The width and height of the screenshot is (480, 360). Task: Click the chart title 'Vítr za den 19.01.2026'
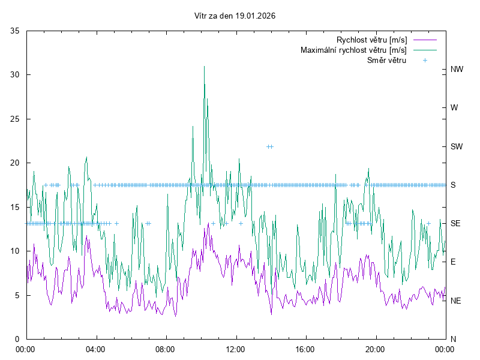coord(235,16)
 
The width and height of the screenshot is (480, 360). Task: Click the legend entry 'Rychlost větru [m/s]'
coord(371,40)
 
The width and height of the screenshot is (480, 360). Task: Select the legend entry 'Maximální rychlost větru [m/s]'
coord(353,50)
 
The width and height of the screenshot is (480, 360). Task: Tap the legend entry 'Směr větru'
coord(386,60)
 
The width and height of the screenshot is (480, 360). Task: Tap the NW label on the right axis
coord(457,69)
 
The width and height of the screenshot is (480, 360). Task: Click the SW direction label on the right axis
coord(457,146)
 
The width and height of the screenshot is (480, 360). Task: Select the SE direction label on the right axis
coord(456,223)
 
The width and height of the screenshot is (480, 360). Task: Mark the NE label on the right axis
coord(456,300)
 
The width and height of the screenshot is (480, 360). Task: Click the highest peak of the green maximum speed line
coord(204,67)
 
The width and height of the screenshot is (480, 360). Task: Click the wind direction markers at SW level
coord(270,146)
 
